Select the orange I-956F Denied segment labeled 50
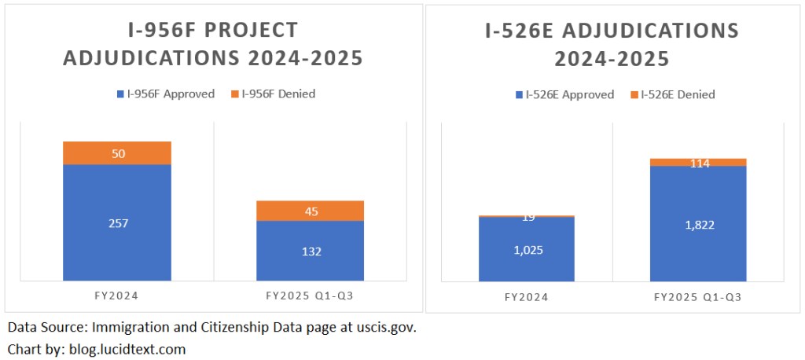(117, 153)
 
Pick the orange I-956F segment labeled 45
(310, 211)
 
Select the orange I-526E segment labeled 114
(698, 163)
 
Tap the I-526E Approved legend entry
(564, 95)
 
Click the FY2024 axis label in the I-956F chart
(117, 297)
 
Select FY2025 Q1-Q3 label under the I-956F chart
(310, 297)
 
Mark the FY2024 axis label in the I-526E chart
(527, 298)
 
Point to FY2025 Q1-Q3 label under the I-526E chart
(698, 298)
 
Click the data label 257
(117, 223)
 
